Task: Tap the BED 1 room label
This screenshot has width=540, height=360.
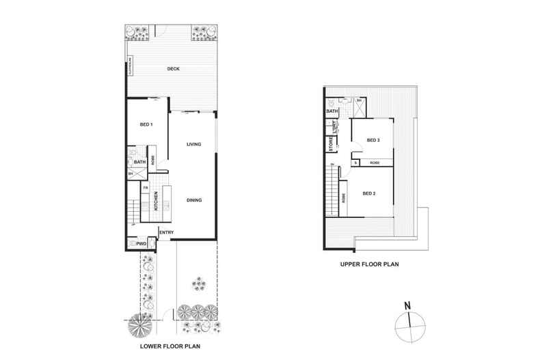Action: tap(146, 125)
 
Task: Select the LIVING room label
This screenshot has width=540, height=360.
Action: tap(193, 143)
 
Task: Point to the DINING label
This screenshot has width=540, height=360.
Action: tap(193, 199)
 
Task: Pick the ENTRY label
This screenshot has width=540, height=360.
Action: tap(166, 233)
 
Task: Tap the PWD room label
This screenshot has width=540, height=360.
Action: tap(142, 244)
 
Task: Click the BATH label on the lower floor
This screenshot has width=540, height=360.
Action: tap(139, 162)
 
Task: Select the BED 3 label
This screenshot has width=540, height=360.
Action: tap(373, 140)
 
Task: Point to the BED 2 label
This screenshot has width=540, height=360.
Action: tap(369, 193)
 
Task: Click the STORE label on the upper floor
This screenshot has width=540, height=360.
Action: tap(329, 145)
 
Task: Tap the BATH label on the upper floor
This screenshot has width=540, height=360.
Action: tap(333, 111)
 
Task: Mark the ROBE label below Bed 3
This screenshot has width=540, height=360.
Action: tap(375, 163)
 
